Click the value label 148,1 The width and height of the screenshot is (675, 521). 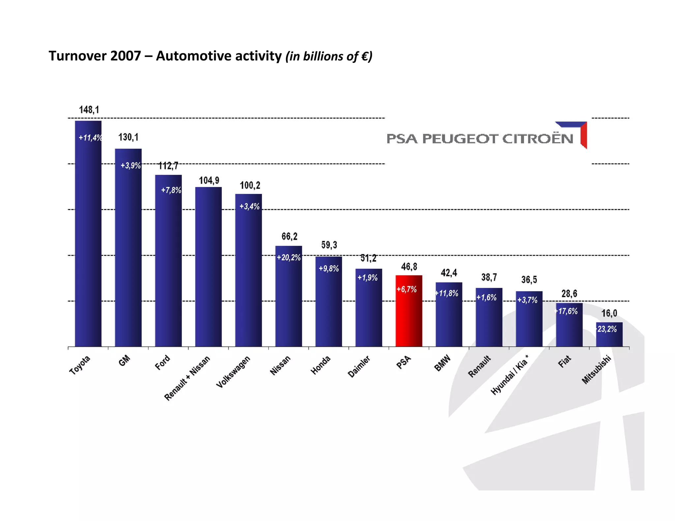89,110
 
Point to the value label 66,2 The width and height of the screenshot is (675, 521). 289,236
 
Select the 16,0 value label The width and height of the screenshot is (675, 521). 609,313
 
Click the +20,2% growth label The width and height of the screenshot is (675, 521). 289,258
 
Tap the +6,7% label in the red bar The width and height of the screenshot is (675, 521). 407,289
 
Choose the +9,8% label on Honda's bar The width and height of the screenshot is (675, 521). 329,269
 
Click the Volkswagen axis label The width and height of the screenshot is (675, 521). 233,372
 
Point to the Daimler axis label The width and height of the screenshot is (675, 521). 359,366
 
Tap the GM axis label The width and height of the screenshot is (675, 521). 125,361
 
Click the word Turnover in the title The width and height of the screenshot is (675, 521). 78,56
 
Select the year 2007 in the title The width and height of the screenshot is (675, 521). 126,56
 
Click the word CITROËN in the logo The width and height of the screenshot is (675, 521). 538,139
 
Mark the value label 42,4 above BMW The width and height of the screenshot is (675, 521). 449,273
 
